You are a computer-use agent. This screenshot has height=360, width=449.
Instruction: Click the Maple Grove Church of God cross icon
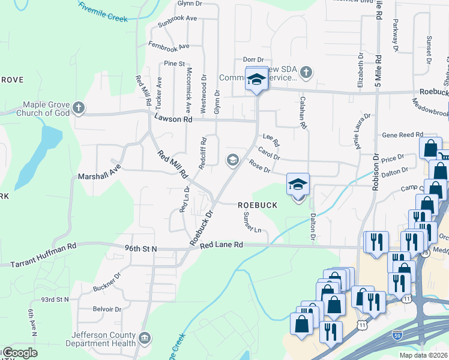pos(77,108)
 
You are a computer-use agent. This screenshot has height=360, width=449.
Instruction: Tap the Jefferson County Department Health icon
pos(145,338)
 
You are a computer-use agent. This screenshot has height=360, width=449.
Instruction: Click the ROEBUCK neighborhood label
pos(258,205)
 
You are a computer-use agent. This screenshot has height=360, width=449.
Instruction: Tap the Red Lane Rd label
pos(221,245)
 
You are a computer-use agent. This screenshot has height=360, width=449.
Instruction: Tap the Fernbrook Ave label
pos(169,46)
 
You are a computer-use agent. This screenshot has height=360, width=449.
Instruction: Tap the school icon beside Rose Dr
pos(232,160)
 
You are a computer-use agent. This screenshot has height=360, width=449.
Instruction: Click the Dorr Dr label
pos(253,59)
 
